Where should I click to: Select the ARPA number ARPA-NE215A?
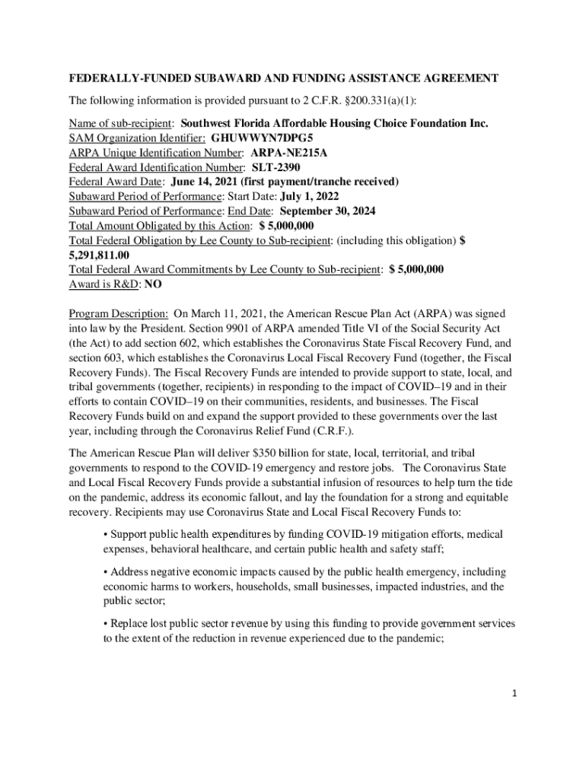pos(289,152)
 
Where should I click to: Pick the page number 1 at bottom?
pos(515,695)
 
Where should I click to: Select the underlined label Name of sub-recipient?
pos(122,123)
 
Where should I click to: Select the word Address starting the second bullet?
pos(130,571)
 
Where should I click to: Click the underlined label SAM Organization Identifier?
pos(136,138)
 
